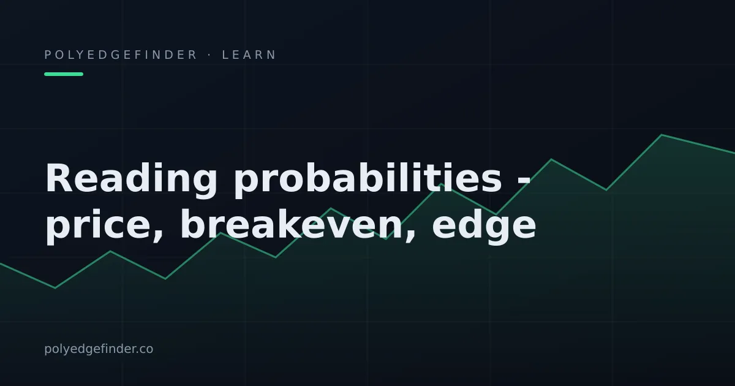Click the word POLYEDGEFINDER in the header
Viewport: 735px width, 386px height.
(x=120, y=55)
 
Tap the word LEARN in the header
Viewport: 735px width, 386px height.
(x=249, y=55)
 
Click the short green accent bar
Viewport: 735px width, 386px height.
(x=64, y=74)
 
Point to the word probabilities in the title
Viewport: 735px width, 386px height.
(x=368, y=181)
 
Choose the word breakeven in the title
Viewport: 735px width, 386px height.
(x=292, y=224)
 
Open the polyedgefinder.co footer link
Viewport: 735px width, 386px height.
(x=99, y=349)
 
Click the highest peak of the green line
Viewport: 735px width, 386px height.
(x=661, y=135)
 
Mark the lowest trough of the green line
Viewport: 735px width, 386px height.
(x=55, y=288)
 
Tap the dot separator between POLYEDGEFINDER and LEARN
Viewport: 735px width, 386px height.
(x=209, y=55)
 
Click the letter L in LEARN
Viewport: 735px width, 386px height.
(x=225, y=55)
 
